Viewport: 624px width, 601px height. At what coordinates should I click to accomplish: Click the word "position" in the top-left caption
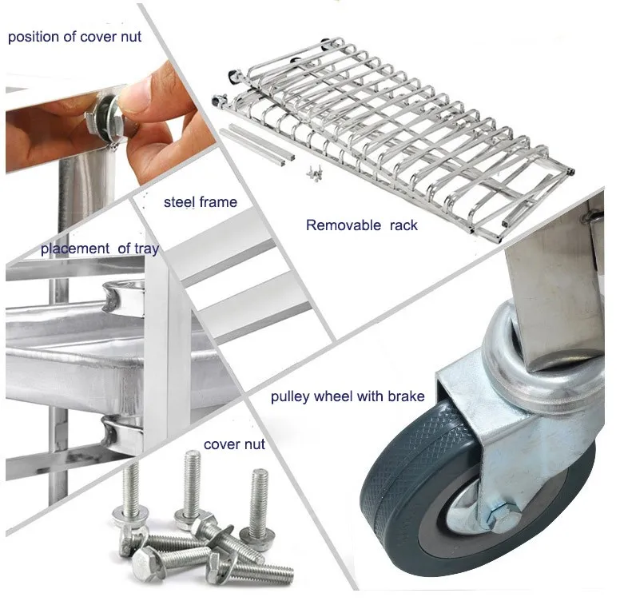point(32,38)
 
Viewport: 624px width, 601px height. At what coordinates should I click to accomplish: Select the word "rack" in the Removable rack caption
point(403,225)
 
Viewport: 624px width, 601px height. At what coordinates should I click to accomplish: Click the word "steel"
point(179,202)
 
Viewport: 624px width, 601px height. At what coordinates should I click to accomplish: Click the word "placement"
point(76,249)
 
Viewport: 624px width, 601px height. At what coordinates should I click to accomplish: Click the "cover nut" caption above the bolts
point(233,444)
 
